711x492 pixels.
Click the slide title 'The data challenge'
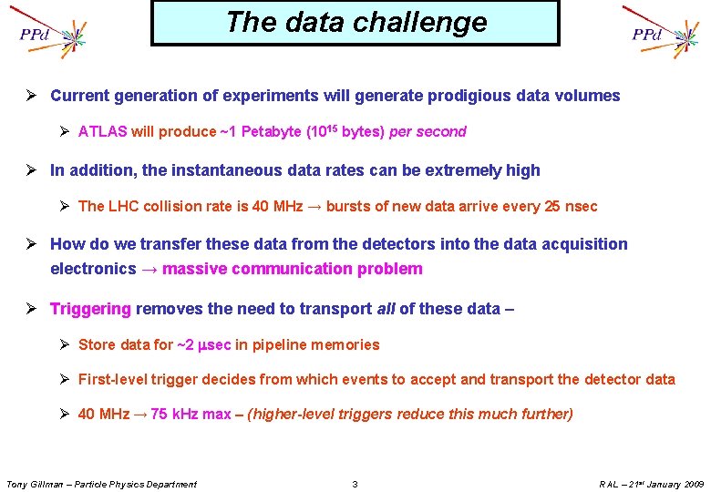pyautogui.click(x=355, y=22)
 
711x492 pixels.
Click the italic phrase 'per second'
pyautogui.click(x=428, y=132)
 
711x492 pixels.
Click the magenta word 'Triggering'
pyautogui.click(x=91, y=309)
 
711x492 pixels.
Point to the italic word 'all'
pyautogui.click(x=386, y=309)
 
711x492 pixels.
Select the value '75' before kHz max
pyautogui.click(x=160, y=415)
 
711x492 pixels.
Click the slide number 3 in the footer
pyautogui.click(x=355, y=484)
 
